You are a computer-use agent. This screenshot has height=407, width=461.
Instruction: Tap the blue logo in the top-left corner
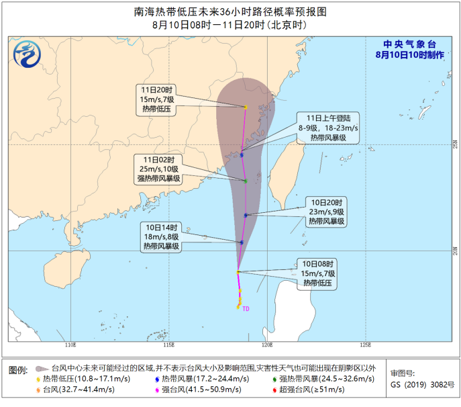[x=28, y=54]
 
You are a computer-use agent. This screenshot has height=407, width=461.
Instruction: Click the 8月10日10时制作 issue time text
[x=409, y=54]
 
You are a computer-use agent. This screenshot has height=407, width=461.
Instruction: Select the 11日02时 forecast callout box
[x=159, y=169]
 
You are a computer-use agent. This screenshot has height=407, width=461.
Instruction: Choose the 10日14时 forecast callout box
[x=161, y=237]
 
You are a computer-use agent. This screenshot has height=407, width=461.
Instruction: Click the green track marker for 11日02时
[x=246, y=181]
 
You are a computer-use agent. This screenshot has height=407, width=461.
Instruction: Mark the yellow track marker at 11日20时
[x=246, y=107]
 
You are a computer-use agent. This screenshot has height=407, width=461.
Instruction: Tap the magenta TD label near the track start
[x=246, y=309]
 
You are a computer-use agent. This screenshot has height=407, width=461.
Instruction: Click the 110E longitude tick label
[x=70, y=345]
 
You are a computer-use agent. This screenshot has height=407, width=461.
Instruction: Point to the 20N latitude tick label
[x=454, y=251]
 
